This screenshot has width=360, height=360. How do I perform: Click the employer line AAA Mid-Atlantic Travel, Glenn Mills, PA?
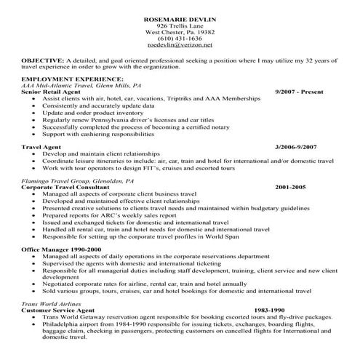(x=82, y=85)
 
